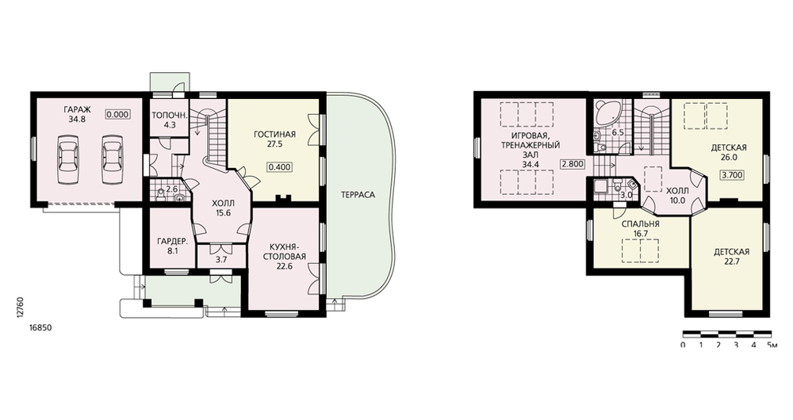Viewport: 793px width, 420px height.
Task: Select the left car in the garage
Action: pos(67,159)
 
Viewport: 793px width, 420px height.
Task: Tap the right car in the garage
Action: pos(112,159)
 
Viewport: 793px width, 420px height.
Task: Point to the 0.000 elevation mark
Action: pos(118,115)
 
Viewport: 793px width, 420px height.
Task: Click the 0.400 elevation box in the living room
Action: pos(280,167)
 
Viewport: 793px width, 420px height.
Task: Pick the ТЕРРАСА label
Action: pos(358,195)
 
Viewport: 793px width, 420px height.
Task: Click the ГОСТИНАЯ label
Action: pos(274,135)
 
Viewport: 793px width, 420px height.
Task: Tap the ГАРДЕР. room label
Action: pos(170,240)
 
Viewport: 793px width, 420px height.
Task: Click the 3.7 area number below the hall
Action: pos(221,260)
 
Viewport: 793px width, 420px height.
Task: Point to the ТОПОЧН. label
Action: pos(170,115)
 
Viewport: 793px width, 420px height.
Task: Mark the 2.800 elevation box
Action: pos(573,164)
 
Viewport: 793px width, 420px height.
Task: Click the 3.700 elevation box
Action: pos(733,175)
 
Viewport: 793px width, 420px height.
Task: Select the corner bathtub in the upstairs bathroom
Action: pos(607,113)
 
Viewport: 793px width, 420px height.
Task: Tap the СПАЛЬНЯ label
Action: pos(640,224)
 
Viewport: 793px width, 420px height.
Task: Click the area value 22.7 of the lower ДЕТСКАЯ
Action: pos(731,262)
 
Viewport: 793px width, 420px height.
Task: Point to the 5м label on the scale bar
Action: pos(772,346)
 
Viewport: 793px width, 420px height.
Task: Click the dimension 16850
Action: pos(40,327)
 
